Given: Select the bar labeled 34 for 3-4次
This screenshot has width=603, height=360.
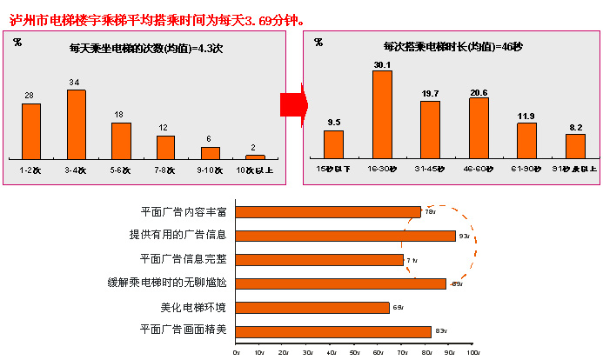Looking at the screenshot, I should tap(77, 123).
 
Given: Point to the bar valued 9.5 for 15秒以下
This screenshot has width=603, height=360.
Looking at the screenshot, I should tap(333, 144).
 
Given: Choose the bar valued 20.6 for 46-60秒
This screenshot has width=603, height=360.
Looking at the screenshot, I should tap(479, 128).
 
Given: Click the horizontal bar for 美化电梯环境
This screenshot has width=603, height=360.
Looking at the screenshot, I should tap(312, 307).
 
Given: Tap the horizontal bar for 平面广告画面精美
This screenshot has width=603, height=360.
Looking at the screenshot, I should tap(333, 331).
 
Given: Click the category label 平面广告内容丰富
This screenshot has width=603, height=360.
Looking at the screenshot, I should tap(183, 211).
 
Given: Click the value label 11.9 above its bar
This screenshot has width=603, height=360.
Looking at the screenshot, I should tap(526, 116).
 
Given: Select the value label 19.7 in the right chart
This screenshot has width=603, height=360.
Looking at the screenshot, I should tap(430, 94).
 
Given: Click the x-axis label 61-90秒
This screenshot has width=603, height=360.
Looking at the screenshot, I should tap(526, 169).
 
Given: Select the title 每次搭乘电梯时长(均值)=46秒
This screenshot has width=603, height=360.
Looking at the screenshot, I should tap(441, 47).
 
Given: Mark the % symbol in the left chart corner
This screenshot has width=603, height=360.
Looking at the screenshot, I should tap(17, 42).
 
